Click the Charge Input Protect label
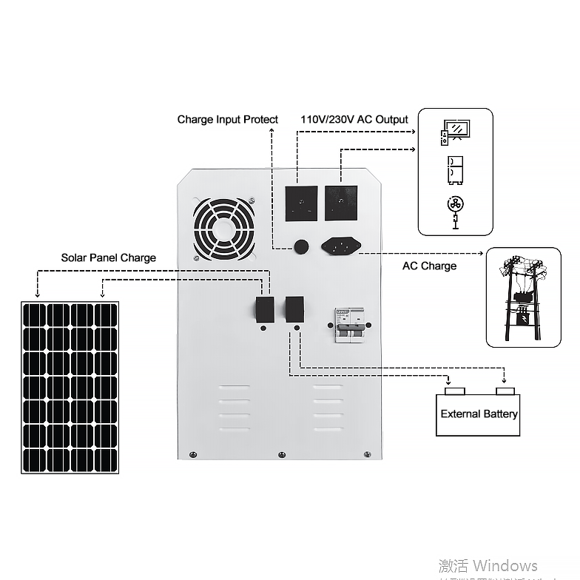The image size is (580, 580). pyautogui.click(x=227, y=119)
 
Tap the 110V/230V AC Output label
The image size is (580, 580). pyautogui.click(x=354, y=119)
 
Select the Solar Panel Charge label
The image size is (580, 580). pyautogui.click(x=108, y=257)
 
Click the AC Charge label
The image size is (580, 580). pyautogui.click(x=429, y=266)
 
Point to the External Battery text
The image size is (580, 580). pyautogui.click(x=479, y=414)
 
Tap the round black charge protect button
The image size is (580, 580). pyautogui.click(x=301, y=246)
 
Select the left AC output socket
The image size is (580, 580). pyautogui.click(x=301, y=203)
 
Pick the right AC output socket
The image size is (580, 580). pyautogui.click(x=340, y=203)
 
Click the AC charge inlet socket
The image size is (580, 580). pyautogui.click(x=341, y=245)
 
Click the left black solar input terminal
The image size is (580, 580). pyautogui.click(x=264, y=310)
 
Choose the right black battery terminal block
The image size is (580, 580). pyautogui.click(x=294, y=309)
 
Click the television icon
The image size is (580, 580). pyautogui.click(x=453, y=131)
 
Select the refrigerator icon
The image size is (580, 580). pyautogui.click(x=454, y=170)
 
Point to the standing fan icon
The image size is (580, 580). pyautogui.click(x=455, y=210)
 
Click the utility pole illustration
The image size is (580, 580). pyautogui.click(x=523, y=298)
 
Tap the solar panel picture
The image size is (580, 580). pyautogui.click(x=70, y=387)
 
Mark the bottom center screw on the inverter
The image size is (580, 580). pyautogui.click(x=280, y=454)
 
